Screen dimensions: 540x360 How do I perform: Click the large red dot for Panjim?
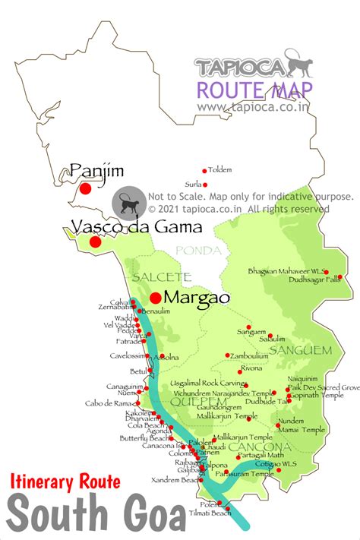pos(86,188)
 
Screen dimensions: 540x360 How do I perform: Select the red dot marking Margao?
pos(156,298)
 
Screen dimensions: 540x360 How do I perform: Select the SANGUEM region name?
pos(302,350)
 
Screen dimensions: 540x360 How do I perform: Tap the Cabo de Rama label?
pos(110,403)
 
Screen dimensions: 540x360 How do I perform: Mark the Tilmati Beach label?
pos(212,513)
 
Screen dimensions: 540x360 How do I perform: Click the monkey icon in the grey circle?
pos(126,204)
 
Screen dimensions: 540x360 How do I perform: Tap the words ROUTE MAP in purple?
pos(254,90)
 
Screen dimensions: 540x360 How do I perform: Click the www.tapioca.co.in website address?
pos(255,106)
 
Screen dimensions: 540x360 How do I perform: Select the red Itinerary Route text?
pos(65,480)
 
